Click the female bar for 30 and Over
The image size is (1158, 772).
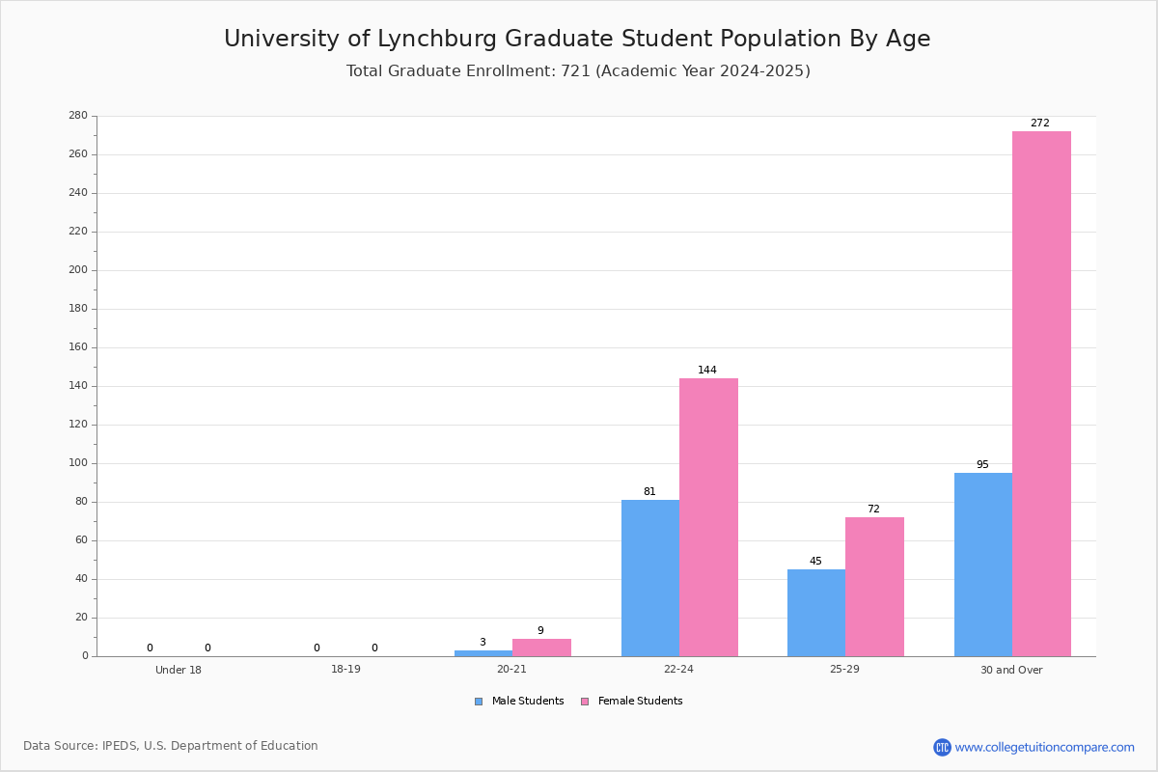(1041, 394)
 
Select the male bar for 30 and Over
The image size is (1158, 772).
(983, 565)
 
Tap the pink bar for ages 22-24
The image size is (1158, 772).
(708, 517)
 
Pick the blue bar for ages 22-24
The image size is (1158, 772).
(650, 578)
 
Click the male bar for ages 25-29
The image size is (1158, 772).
(816, 613)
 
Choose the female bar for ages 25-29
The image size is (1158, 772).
(874, 587)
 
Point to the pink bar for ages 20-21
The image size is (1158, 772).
(541, 648)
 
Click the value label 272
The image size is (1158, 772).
(1040, 124)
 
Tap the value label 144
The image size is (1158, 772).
(707, 370)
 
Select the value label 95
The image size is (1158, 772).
(982, 464)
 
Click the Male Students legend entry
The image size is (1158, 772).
(519, 702)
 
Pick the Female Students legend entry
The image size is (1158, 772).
(632, 702)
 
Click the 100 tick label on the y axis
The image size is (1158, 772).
(78, 463)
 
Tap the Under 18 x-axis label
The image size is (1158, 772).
(179, 670)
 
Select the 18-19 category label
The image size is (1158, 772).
(345, 669)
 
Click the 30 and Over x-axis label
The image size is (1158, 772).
(1011, 670)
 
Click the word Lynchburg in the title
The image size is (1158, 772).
(437, 40)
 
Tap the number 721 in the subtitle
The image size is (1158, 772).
(576, 70)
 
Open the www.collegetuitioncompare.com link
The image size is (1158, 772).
(1044, 747)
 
